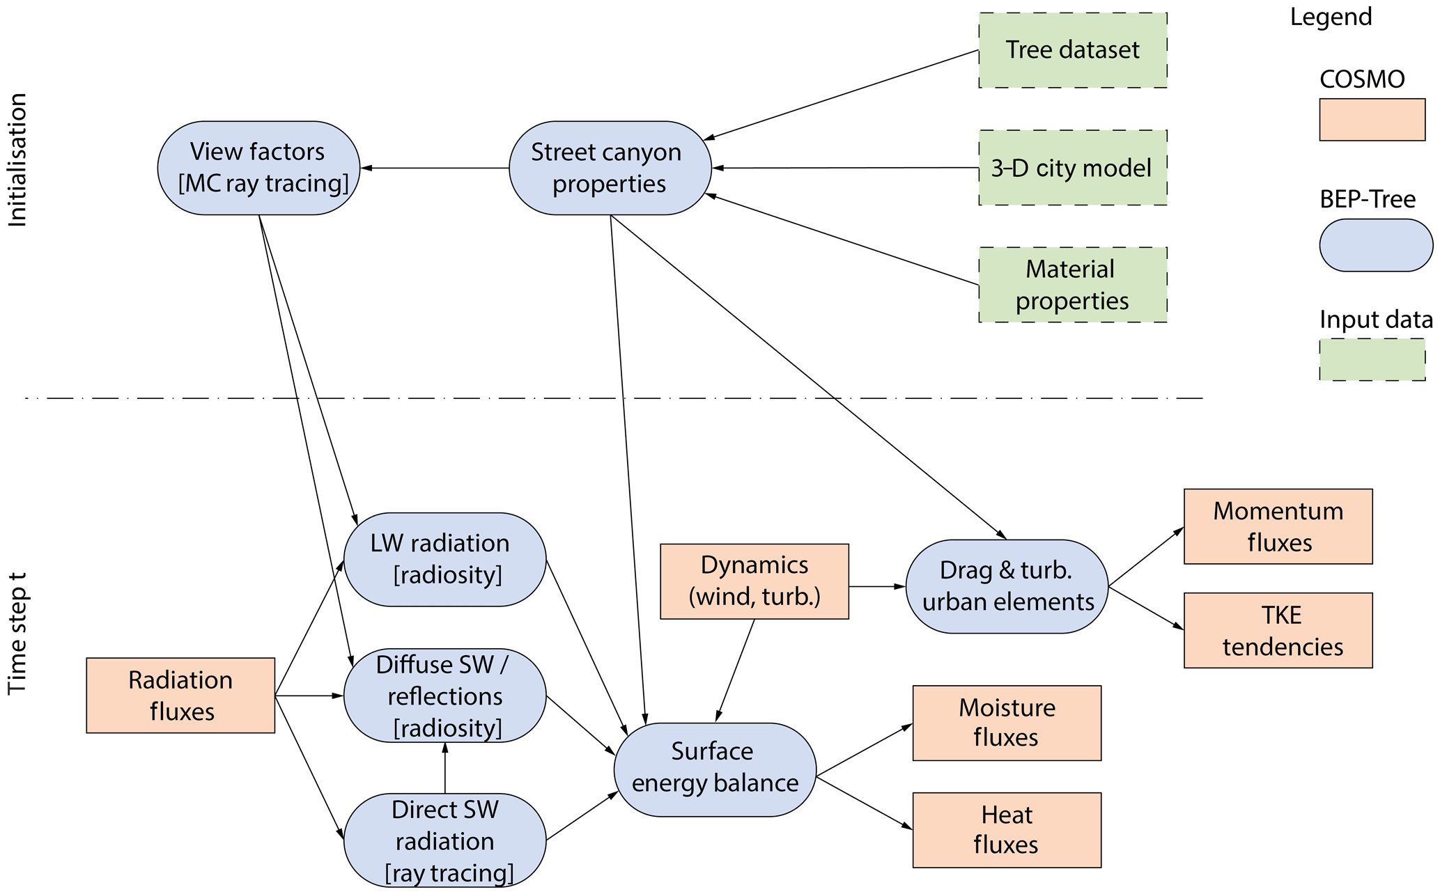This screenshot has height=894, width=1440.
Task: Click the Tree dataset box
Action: click(1072, 50)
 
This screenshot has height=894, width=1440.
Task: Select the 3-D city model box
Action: click(1072, 168)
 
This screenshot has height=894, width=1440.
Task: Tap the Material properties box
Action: click(1072, 285)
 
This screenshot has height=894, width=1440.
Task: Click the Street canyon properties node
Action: click(610, 168)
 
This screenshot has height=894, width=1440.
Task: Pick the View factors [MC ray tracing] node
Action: click(258, 168)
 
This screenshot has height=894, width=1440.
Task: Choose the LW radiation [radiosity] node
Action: click(444, 559)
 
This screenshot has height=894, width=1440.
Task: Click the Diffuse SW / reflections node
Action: click(444, 696)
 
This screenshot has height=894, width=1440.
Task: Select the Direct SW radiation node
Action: click(444, 840)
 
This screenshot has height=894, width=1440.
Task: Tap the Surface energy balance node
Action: click(715, 769)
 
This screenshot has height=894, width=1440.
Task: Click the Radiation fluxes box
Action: click(180, 696)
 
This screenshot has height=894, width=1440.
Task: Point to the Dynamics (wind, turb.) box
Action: click(754, 581)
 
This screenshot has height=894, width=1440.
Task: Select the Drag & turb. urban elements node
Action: click(1007, 586)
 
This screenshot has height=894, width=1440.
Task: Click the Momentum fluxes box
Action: click(1278, 526)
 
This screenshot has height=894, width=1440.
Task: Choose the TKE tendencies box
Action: click(1278, 631)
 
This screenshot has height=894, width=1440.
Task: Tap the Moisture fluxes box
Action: click(1007, 723)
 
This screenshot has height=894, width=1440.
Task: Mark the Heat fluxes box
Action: click(1007, 830)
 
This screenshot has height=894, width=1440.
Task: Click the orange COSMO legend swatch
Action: click(1372, 120)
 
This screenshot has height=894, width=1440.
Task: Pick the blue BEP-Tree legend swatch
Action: click(1376, 245)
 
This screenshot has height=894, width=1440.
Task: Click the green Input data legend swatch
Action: click(1372, 359)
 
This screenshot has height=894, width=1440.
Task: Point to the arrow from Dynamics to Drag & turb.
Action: click(877, 587)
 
